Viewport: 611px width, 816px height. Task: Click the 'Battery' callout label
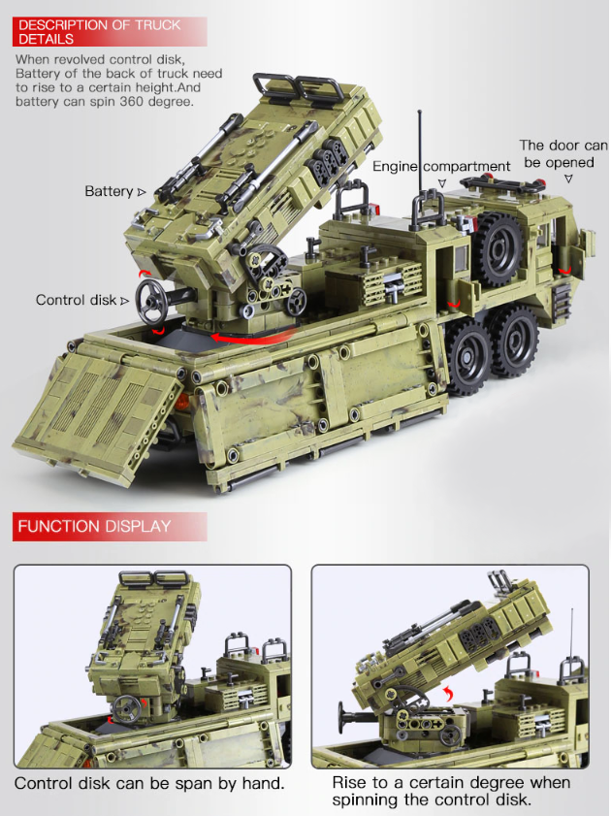[x=109, y=191]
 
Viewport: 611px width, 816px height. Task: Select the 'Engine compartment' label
[x=441, y=167]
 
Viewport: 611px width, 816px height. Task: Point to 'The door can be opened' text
[x=563, y=154]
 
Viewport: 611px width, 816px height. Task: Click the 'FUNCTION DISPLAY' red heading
[x=94, y=527]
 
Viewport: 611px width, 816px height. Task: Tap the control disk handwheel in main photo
[x=152, y=299]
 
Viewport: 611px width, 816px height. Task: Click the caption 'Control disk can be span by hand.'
[x=149, y=783]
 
